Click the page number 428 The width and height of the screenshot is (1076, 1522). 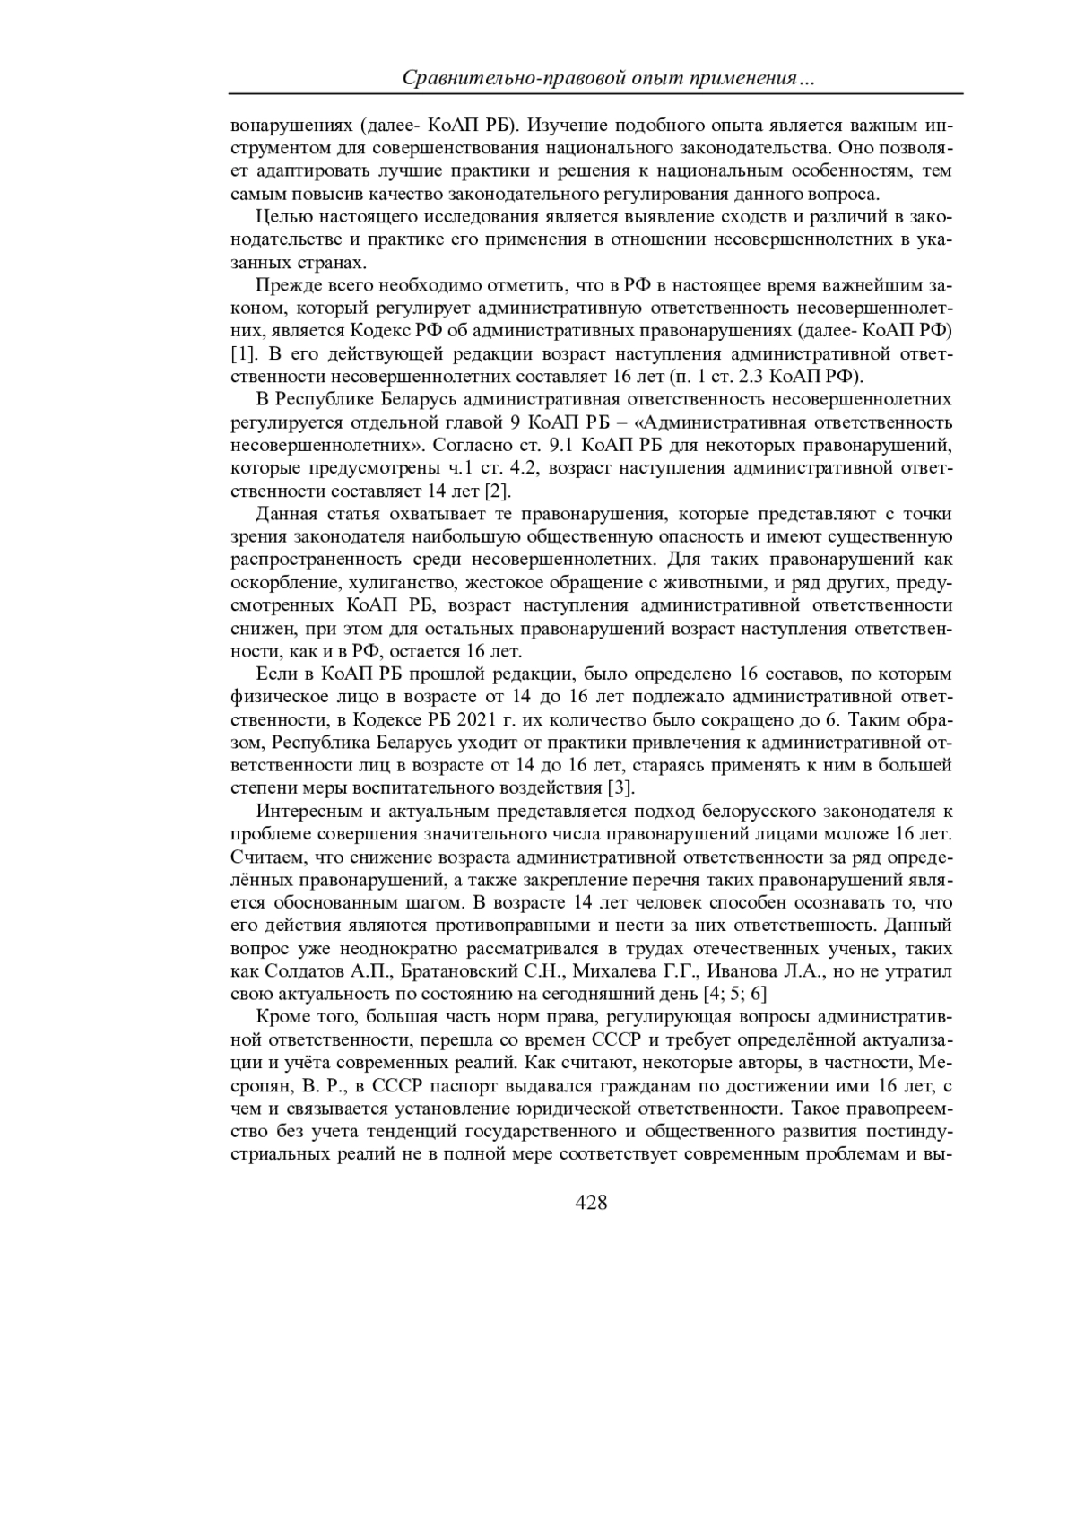point(591,1203)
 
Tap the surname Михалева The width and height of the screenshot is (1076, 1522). point(612,970)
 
